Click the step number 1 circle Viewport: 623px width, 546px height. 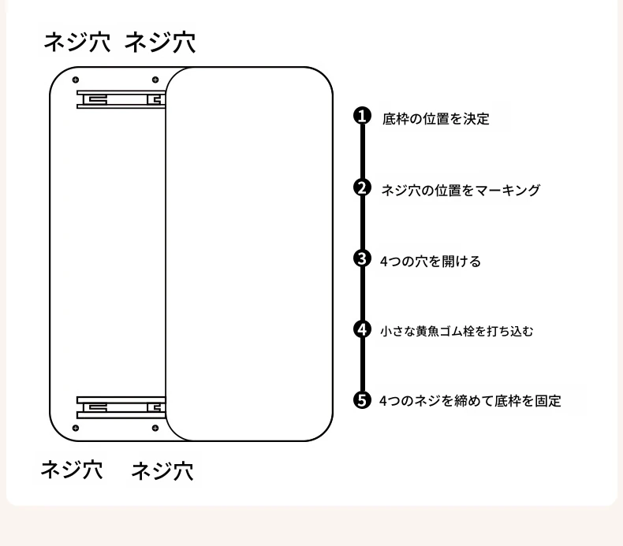point(362,117)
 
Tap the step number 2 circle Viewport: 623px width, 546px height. point(362,188)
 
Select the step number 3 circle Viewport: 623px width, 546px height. point(362,258)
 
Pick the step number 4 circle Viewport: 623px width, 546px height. point(362,329)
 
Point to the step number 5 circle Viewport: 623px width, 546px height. point(362,400)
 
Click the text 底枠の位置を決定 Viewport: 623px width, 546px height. point(435,119)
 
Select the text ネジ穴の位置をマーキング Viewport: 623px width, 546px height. point(461,190)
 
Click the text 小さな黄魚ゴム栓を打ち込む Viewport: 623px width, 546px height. point(457,332)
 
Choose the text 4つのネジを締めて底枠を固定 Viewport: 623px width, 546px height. point(470,401)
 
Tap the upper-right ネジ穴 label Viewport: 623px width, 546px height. point(160,43)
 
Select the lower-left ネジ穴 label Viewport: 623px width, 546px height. point(72,470)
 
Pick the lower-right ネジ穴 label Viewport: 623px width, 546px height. point(162,472)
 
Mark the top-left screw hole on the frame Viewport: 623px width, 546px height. point(76,80)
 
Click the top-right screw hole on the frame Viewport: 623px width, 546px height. point(155,80)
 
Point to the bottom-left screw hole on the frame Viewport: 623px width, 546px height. point(76,428)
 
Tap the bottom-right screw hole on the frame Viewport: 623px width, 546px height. point(155,428)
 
